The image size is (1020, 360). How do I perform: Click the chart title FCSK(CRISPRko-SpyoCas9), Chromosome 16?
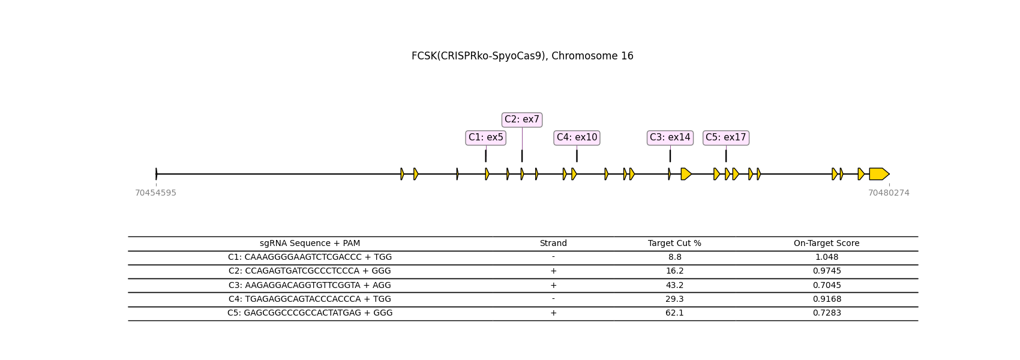click(522, 56)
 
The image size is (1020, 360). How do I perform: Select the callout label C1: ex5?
click(486, 137)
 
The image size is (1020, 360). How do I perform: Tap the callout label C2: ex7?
click(522, 119)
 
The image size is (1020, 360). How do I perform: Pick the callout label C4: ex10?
click(577, 137)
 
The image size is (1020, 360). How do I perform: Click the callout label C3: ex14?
click(670, 137)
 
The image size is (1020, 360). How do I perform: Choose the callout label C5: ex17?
click(726, 137)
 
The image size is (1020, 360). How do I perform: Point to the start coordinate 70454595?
click(156, 193)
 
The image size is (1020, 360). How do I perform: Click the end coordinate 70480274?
click(889, 193)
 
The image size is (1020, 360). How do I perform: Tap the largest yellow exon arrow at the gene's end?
click(879, 174)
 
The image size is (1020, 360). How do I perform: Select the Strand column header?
click(553, 244)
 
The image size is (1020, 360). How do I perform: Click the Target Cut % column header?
click(674, 244)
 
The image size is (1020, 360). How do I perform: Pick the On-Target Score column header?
click(826, 244)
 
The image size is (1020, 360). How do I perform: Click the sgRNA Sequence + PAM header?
click(310, 244)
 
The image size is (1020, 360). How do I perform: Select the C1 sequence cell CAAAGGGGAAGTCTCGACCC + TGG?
click(310, 257)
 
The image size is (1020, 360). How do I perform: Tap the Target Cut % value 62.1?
click(674, 313)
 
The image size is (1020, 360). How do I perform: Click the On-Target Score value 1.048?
click(826, 257)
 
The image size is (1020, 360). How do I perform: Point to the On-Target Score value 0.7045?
click(826, 286)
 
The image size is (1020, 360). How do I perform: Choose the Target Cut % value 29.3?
click(674, 299)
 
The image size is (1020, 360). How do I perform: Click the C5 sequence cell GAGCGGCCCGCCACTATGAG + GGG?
click(310, 313)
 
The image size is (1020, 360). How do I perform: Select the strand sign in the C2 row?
click(553, 271)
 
